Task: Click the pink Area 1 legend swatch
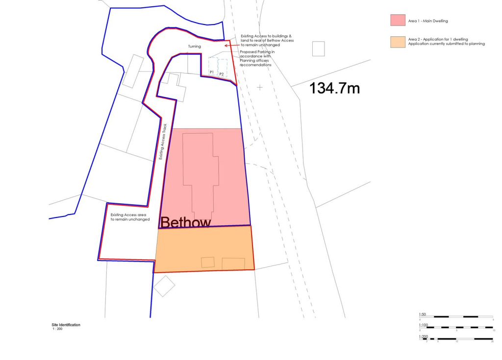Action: (x=398, y=20)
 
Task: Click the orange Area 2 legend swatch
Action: (x=398, y=42)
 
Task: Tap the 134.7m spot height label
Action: (x=335, y=88)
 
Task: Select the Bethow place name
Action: (x=186, y=223)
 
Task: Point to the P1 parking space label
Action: (x=212, y=72)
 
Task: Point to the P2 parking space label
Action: (x=222, y=73)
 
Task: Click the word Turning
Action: (x=195, y=47)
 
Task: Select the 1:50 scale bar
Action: (x=456, y=317)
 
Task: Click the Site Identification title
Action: (x=66, y=325)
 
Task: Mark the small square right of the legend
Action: (x=319, y=49)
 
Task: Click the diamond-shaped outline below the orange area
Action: (x=164, y=286)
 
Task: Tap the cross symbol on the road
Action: (x=260, y=87)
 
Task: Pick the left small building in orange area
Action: (x=208, y=262)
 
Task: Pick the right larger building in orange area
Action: (x=233, y=264)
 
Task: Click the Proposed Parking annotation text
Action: (x=256, y=58)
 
